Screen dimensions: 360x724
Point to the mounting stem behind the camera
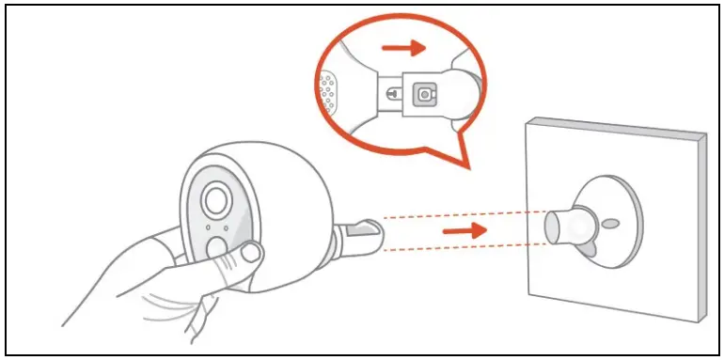[x=362, y=235]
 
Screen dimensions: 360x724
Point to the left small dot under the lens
[x=208, y=227]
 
